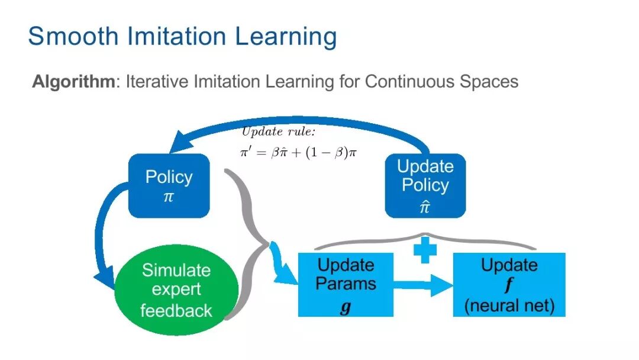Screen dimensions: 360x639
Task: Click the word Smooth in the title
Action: pyautogui.click(x=73, y=37)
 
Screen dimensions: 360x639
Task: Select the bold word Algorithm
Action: pyautogui.click(x=73, y=82)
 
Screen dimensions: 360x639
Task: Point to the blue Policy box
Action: pyautogui.click(x=169, y=185)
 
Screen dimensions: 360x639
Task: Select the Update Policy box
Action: pyautogui.click(x=425, y=185)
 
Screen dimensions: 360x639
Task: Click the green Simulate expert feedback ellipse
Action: pyautogui.click(x=176, y=290)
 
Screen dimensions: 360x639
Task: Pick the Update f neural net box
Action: pyautogui.click(x=509, y=285)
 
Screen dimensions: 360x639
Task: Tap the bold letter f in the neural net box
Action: pyautogui.click(x=509, y=286)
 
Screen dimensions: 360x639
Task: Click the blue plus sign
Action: pyautogui.click(x=425, y=250)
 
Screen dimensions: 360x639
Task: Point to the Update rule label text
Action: pyautogui.click(x=278, y=131)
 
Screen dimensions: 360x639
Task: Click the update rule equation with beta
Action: pyautogui.click(x=298, y=152)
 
